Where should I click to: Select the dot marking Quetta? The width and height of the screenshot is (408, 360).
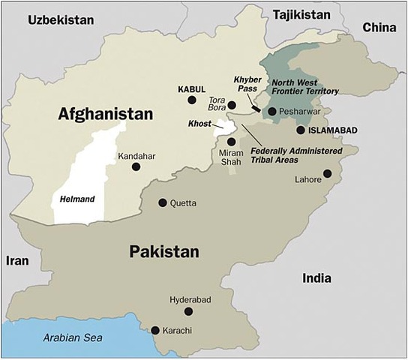pyautogui.click(x=163, y=202)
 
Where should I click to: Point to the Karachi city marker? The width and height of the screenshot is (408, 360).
pyautogui.click(x=155, y=330)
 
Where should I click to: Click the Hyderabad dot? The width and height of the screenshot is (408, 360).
pyautogui.click(x=188, y=311)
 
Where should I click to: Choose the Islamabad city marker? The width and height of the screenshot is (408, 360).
pyautogui.click(x=300, y=130)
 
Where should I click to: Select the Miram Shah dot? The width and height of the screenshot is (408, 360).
pyautogui.click(x=232, y=141)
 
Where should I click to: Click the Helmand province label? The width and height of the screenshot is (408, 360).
pyautogui.click(x=76, y=199)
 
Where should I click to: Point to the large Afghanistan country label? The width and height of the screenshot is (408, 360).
pyautogui.click(x=105, y=115)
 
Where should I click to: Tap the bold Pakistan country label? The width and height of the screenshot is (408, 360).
pyautogui.click(x=164, y=251)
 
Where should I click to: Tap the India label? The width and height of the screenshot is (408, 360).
pyautogui.click(x=316, y=277)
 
